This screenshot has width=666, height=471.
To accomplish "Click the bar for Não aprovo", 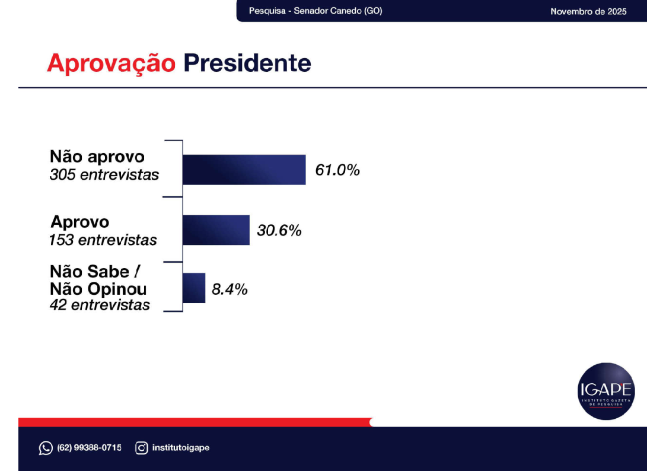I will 244,170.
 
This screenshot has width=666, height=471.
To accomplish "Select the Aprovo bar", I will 216,230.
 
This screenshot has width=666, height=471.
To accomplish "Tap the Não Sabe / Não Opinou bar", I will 194,288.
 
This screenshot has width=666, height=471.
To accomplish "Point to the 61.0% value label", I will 337,171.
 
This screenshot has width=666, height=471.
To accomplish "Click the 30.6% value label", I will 279,230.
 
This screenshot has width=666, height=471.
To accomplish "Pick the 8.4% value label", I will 230,290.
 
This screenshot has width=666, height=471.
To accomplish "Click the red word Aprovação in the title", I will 111,63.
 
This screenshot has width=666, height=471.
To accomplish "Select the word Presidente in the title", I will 247,63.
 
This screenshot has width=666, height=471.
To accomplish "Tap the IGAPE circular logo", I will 606,391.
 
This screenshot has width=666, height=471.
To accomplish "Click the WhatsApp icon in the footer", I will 46,448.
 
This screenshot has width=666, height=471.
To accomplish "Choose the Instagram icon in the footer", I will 142,448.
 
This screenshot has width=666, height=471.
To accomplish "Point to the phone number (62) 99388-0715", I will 89,448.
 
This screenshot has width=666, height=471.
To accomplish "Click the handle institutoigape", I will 181,448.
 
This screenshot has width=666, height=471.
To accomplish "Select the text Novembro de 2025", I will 588,11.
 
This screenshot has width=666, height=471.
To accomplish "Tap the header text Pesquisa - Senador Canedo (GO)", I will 316,11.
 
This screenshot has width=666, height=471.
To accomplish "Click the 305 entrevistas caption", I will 104,175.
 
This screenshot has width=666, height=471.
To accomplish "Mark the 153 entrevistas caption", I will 103,240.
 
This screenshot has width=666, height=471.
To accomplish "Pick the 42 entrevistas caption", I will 100,305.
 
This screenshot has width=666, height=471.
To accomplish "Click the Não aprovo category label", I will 97,157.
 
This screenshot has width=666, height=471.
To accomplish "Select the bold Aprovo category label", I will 80,222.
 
